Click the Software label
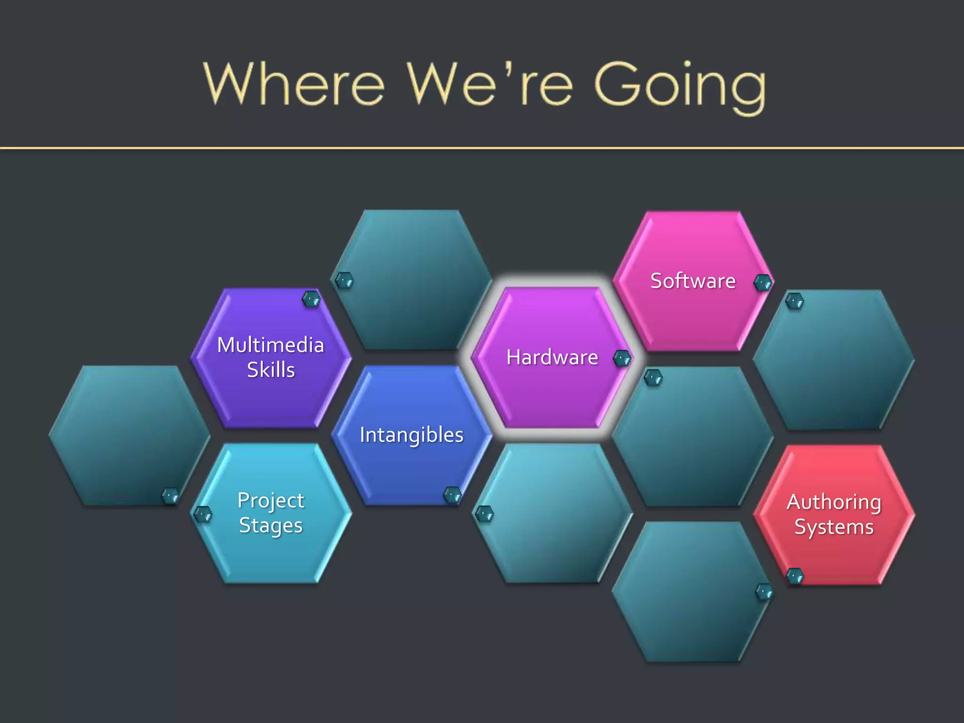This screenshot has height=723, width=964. [692, 281]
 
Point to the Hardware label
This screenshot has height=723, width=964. [552, 357]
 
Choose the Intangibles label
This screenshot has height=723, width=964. [411, 435]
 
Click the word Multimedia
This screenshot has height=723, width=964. [271, 345]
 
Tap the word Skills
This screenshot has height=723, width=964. [271, 370]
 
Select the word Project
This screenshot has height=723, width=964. [271, 500]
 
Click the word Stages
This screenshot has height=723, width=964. [271, 526]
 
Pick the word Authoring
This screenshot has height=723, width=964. [834, 502]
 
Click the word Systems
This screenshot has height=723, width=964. [834, 527]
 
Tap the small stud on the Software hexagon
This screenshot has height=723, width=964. [763, 282]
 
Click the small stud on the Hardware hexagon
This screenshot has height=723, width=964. [622, 359]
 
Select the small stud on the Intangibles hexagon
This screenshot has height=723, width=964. [452, 495]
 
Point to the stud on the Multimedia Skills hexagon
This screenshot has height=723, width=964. [311, 299]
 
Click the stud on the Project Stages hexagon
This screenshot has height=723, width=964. [203, 514]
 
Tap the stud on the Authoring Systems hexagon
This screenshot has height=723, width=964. [795, 576]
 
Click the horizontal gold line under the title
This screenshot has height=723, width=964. [482, 148]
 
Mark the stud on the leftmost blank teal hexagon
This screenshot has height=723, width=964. [170, 496]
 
